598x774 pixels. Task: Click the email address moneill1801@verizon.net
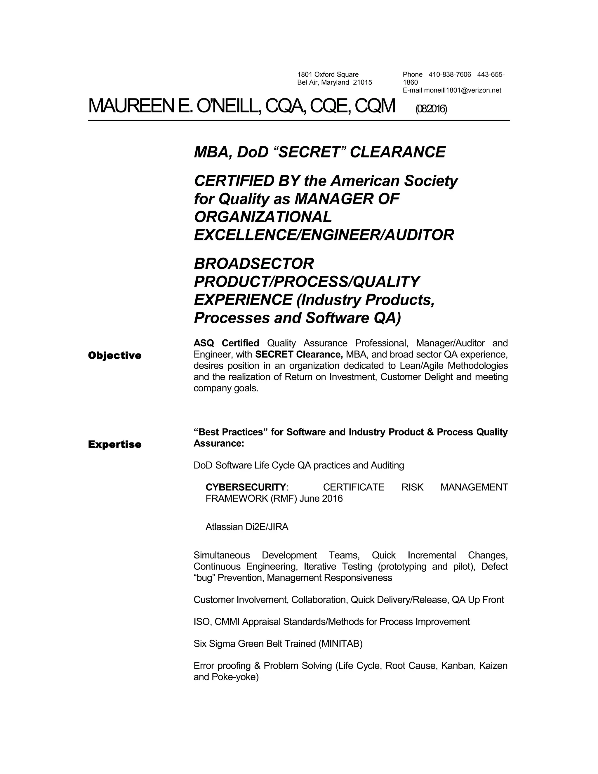[463, 90]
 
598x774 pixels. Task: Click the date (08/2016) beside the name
[431, 109]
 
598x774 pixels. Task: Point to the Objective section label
[114, 355]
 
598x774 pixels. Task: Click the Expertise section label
[114, 445]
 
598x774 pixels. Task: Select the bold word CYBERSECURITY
[246, 487]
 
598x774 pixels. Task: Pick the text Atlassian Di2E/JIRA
[247, 527]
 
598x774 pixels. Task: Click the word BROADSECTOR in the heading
[254, 264]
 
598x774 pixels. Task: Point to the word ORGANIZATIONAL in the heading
[263, 217]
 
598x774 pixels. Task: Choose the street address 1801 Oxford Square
[328, 75]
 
